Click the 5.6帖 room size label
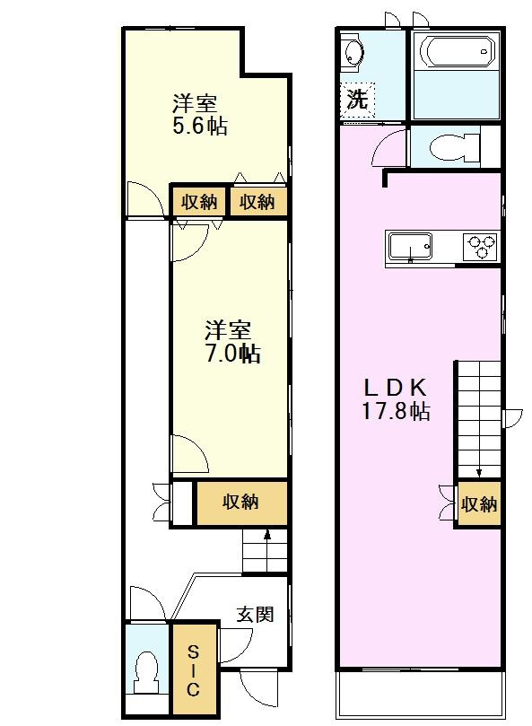tap(199, 127)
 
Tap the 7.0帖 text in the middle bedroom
tap(231, 353)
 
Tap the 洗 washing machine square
tap(358, 100)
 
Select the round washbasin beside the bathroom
tap(353, 53)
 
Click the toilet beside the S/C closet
tap(145, 672)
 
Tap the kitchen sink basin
tap(410, 244)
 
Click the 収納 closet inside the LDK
tap(478, 504)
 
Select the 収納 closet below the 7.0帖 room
tap(241, 503)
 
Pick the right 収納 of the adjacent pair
tap(257, 202)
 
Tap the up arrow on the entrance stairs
tap(266, 539)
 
